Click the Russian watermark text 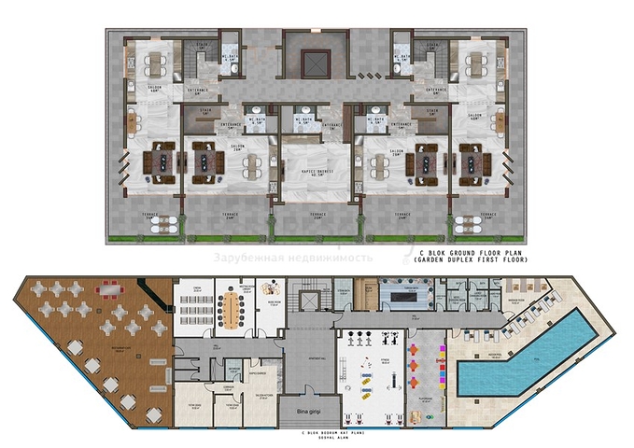click(x=293, y=256)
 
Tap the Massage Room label click(x=516, y=300)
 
